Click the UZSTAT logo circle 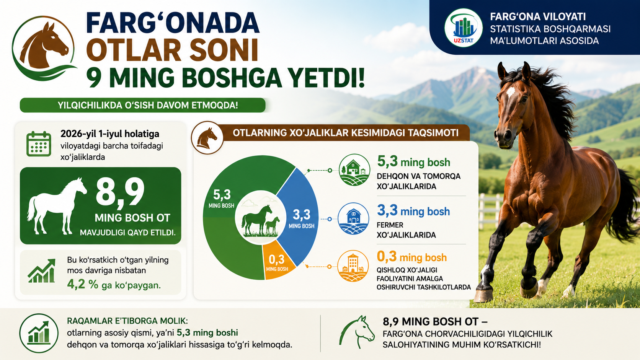tap(463, 28)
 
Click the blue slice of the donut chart tap(300, 217)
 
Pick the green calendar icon tap(39, 144)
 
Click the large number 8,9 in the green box tap(120, 192)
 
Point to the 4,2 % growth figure tap(83, 284)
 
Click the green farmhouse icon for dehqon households tap(354, 170)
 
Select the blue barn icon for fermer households tap(353, 219)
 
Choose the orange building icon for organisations tap(353, 266)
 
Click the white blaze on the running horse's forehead tap(510, 91)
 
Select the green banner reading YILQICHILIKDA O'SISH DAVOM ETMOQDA tap(143, 105)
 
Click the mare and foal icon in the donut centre tap(260, 220)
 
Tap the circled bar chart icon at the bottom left tap(39, 333)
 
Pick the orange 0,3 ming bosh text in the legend tap(412, 257)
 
